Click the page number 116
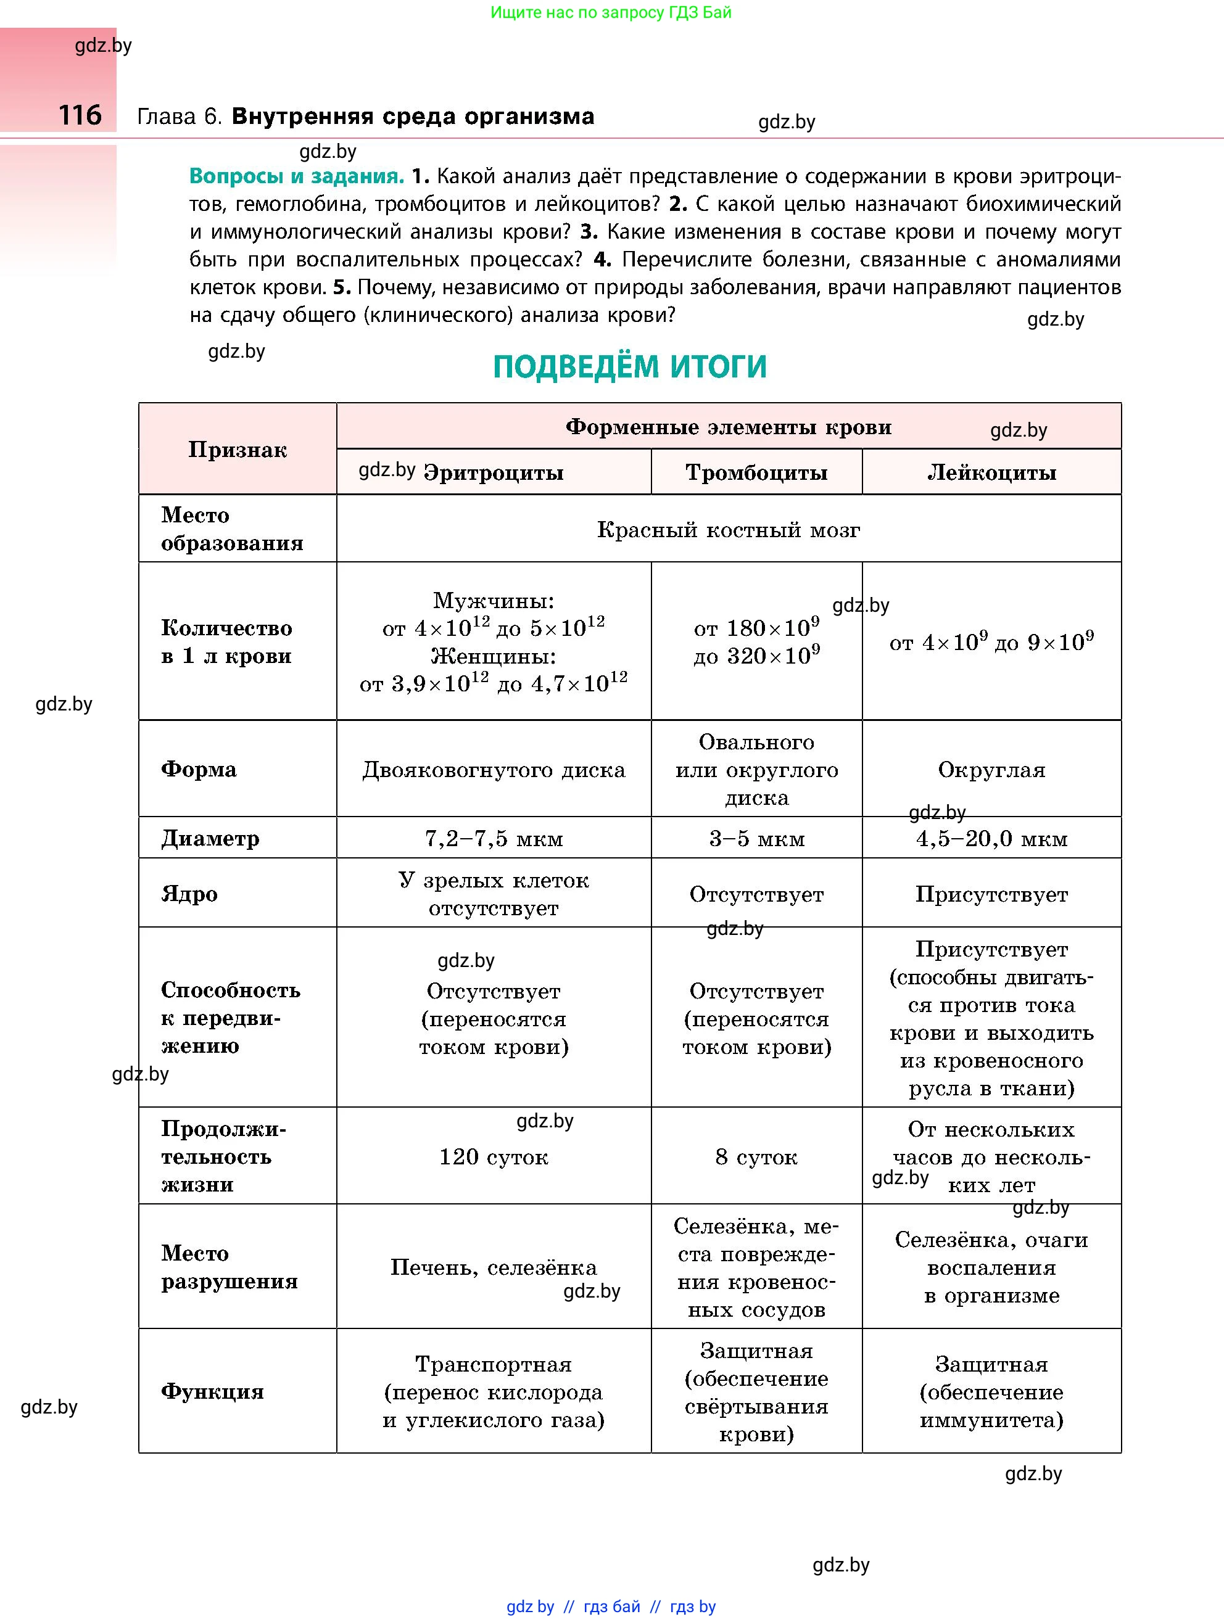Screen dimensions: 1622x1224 (x=80, y=115)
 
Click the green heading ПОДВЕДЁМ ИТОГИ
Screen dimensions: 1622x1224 (x=629, y=366)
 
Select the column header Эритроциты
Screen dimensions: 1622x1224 (x=494, y=472)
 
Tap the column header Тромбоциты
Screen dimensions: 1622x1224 (x=756, y=472)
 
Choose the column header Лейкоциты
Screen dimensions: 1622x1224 (x=991, y=472)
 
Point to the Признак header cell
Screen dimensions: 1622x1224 (x=237, y=450)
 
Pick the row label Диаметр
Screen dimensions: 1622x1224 (x=210, y=838)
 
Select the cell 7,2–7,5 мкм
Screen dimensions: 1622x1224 (x=494, y=838)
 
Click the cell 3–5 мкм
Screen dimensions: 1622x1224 (x=756, y=838)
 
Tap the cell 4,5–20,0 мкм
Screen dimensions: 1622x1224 (x=991, y=838)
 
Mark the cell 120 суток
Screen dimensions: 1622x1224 (x=494, y=1157)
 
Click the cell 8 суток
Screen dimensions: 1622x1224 (x=756, y=1157)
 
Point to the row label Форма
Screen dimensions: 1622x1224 (x=199, y=769)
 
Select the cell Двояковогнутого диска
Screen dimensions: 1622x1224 (x=494, y=770)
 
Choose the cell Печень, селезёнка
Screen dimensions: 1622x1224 (x=494, y=1267)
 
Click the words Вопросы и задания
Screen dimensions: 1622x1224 (x=296, y=176)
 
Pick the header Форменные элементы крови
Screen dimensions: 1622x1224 (x=728, y=427)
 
